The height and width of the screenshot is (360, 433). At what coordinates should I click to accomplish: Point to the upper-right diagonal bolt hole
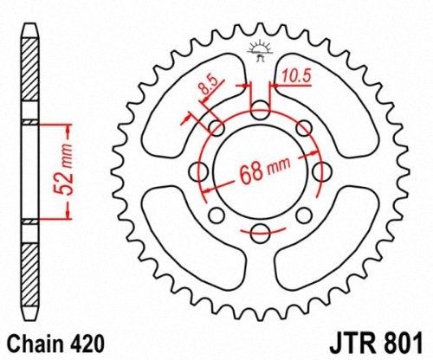pos(303,129)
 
